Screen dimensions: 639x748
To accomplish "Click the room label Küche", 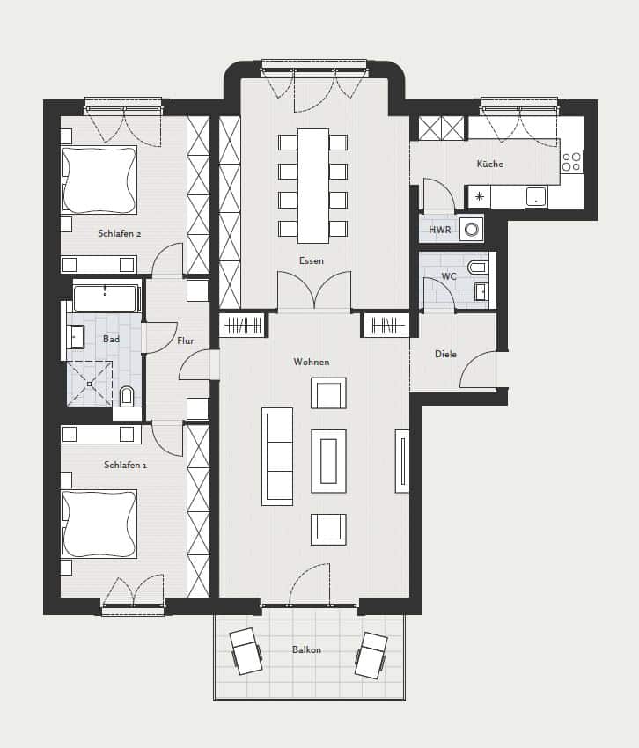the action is pyautogui.click(x=490, y=164).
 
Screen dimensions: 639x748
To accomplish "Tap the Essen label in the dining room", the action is pyautogui.click(x=312, y=261).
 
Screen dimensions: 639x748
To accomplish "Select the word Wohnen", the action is pyautogui.click(x=312, y=362).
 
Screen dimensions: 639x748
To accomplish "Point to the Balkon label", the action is pyautogui.click(x=306, y=649).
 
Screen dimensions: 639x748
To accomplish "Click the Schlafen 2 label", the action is pyautogui.click(x=120, y=234).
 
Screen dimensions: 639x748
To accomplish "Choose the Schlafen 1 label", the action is pyautogui.click(x=126, y=465).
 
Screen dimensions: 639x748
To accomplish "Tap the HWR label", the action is pyautogui.click(x=439, y=230).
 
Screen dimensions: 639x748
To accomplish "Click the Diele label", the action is pyautogui.click(x=445, y=354).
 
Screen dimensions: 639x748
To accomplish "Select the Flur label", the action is pyautogui.click(x=185, y=341).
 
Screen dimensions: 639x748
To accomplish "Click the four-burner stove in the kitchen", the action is pyautogui.click(x=572, y=161).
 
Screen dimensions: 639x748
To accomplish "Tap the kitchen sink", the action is pyautogui.click(x=536, y=196).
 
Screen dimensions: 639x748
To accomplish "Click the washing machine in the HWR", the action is pyautogui.click(x=472, y=230).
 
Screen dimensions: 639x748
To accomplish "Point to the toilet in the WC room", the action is pyautogui.click(x=478, y=268).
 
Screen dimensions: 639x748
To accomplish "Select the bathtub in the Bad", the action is pyautogui.click(x=106, y=298).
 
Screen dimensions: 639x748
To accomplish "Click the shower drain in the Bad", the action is pyautogui.click(x=89, y=384).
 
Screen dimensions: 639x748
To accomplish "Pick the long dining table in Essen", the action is pyautogui.click(x=313, y=186).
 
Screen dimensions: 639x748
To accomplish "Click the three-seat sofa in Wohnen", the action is pyautogui.click(x=277, y=457).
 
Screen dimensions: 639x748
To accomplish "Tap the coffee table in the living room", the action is pyautogui.click(x=329, y=461).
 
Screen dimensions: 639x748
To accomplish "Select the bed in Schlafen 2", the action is pyautogui.click(x=99, y=180).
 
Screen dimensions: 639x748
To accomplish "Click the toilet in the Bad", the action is pyautogui.click(x=127, y=396).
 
